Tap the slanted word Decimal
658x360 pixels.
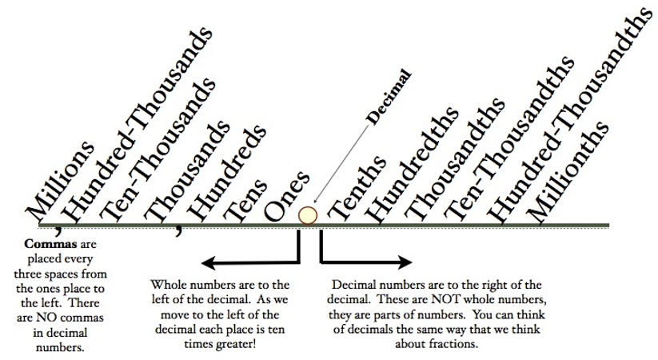coord(389,95)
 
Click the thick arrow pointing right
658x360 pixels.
coord(368,261)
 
